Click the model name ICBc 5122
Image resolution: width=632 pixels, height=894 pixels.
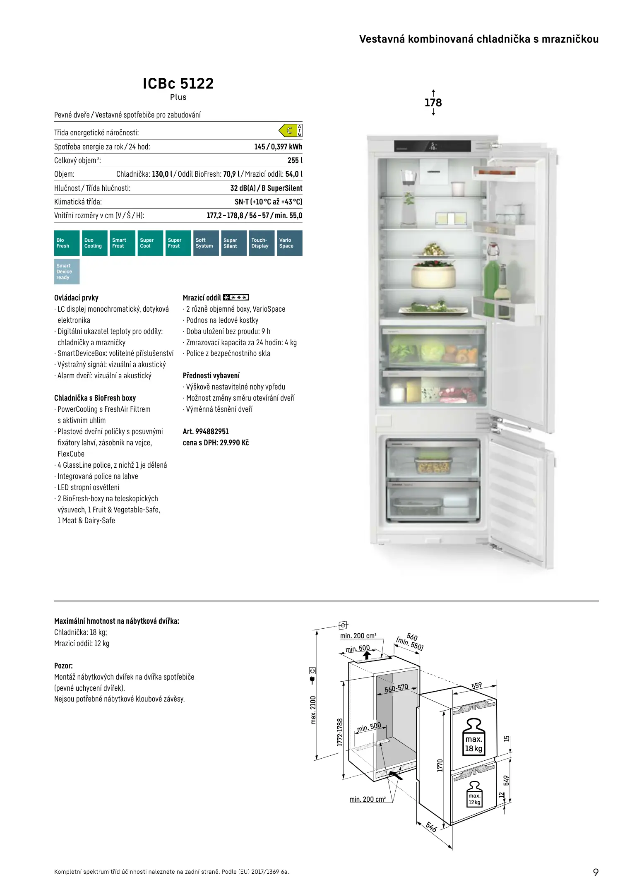point(178,84)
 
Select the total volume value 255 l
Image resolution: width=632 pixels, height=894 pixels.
point(295,161)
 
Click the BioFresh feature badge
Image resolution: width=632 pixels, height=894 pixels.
point(67,243)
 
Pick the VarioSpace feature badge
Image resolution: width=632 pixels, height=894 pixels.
point(290,243)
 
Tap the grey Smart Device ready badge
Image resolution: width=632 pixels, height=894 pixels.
point(67,272)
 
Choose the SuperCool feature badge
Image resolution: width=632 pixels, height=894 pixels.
point(151,243)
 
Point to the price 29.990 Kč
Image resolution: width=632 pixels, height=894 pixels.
point(234,442)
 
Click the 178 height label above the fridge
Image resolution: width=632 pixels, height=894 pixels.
point(433,103)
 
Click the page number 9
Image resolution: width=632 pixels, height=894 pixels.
point(596,872)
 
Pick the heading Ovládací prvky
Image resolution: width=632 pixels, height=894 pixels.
point(76,298)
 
